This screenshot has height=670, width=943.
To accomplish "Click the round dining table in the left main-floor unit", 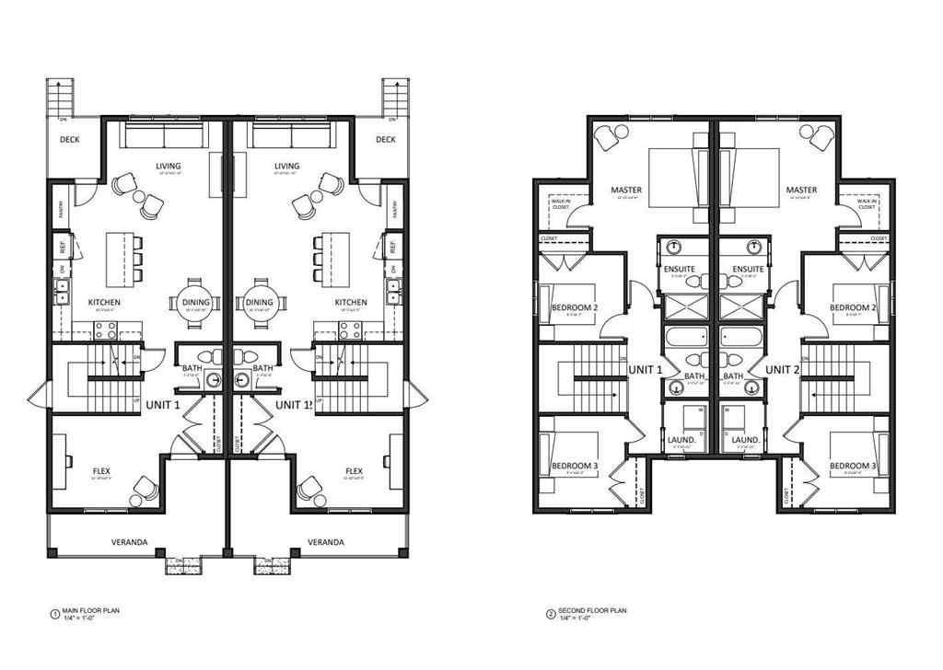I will [195, 302].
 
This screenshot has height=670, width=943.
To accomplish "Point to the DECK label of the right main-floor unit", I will [385, 140].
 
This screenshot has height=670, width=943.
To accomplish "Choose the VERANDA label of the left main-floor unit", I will [129, 542].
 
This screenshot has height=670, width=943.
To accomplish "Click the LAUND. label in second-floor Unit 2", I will [746, 440].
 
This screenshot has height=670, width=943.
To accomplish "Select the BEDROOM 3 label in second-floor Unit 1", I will [575, 466].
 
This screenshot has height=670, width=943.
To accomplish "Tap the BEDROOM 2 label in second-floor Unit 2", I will [852, 307].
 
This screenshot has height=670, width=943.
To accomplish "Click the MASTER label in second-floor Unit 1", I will [626, 191].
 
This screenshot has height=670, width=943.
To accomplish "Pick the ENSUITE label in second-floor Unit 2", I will [745, 269].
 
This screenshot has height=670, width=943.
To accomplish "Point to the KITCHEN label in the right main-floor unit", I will [350, 302].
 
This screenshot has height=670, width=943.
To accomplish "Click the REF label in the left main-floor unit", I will [62, 248].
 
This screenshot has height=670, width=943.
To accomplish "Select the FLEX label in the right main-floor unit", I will [354, 471].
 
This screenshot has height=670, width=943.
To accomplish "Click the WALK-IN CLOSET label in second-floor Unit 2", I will [866, 204].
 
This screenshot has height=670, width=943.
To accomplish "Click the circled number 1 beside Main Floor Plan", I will [54, 612].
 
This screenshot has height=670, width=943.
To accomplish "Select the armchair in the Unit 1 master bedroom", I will [609, 137].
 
